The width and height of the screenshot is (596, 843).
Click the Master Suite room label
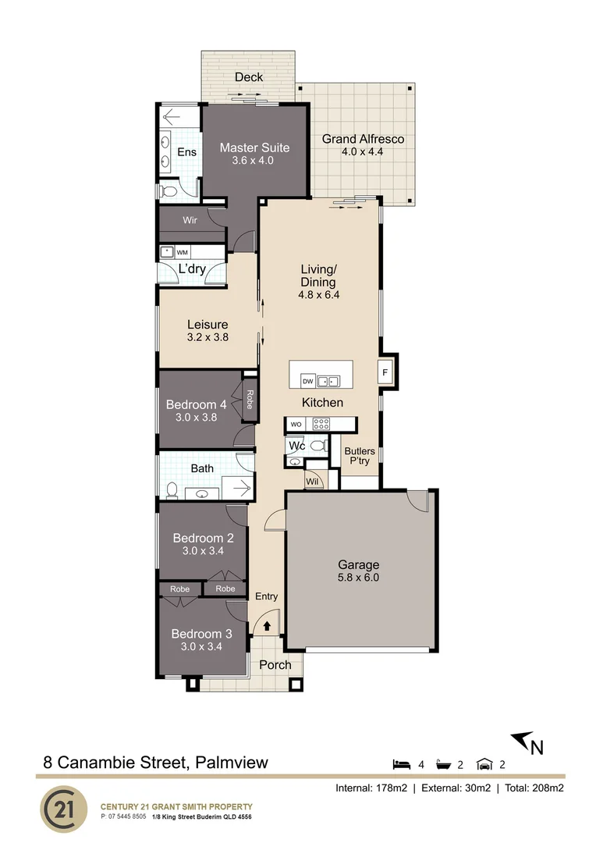254,148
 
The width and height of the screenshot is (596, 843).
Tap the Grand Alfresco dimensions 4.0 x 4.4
362,151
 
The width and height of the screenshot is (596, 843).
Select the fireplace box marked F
385,372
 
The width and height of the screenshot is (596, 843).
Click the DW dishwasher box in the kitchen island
308,381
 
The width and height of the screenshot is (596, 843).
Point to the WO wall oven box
296,424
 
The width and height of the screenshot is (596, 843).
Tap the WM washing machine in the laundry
183,252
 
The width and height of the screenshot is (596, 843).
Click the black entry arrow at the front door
266,626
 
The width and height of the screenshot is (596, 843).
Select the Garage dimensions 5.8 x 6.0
359,578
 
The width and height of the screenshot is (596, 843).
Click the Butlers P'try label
360,456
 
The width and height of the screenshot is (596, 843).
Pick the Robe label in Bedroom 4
250,399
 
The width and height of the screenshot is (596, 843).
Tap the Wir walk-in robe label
190,220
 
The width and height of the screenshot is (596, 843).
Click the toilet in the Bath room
172,490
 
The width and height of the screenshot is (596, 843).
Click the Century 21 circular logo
64,809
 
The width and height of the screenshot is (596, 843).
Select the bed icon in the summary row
402,764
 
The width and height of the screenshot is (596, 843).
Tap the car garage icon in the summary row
484,764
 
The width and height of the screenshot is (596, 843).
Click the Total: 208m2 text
534,788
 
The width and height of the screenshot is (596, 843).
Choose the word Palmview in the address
232,763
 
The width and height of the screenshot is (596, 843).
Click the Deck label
249,76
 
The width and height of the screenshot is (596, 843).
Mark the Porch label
275,665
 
